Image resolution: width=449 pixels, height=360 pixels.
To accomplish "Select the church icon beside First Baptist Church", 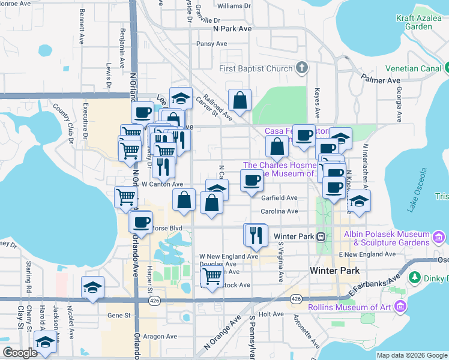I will [301, 68].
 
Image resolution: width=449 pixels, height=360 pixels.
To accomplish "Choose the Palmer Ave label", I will [381, 79].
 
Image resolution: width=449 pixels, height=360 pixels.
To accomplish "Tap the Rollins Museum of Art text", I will [349, 308].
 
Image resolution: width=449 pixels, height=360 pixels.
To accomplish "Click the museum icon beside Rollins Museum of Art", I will [400, 308].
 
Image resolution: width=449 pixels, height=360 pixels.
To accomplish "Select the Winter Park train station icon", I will [321, 236].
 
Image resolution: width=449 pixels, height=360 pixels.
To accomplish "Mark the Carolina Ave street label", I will [279, 211].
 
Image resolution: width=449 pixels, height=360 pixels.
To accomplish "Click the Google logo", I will [20, 353].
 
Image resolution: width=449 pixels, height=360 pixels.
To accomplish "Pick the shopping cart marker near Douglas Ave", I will [211, 276].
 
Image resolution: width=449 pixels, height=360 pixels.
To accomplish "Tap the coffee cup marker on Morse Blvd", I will [142, 222].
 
